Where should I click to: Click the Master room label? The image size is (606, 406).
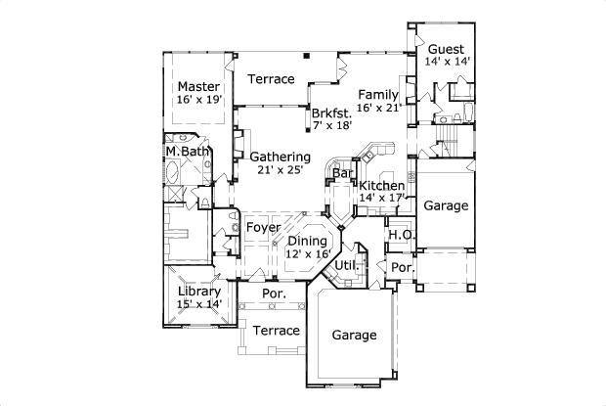[198, 86]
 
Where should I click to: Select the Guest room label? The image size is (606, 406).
[446, 48]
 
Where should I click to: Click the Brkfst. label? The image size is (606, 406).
[332, 113]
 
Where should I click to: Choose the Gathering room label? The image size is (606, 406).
[280, 156]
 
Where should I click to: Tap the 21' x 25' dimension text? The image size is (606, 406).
[280, 169]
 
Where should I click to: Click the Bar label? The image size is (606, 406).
[342, 174]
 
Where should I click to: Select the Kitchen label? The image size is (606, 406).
[381, 185]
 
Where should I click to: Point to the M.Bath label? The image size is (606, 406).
[186, 152]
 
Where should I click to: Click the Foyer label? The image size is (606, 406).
[263, 227]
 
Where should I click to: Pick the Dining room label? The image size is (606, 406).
[307, 240]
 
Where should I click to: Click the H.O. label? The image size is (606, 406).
[399, 235]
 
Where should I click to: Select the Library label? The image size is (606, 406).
[198, 291]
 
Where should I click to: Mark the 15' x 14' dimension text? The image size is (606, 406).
[198, 304]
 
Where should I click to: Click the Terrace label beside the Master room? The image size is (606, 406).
[271, 78]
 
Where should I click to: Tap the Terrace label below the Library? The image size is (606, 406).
[276, 331]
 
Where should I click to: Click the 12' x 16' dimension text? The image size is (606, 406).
[307, 253]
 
